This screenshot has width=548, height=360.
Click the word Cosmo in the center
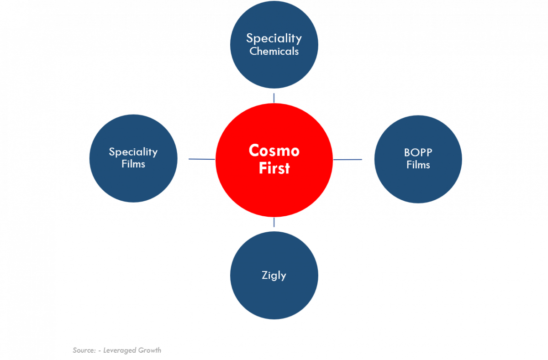(x=274, y=150)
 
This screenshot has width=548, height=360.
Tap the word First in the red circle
(x=274, y=168)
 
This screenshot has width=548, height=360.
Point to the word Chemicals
(x=274, y=51)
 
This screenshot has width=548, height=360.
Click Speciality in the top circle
(x=274, y=38)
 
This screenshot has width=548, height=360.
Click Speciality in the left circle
(x=133, y=151)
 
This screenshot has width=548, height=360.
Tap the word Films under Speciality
(x=133, y=164)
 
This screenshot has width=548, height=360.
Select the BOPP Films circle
(x=418, y=183)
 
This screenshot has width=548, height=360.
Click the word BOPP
(x=418, y=152)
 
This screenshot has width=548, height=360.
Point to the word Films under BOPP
(x=418, y=165)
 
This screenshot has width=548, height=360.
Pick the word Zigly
(x=274, y=275)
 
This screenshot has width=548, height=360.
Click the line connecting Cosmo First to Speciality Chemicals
(x=274, y=98)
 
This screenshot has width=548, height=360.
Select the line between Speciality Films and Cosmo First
(x=201, y=159)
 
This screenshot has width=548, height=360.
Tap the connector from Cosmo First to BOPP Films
(x=348, y=160)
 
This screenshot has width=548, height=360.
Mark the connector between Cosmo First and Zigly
(x=274, y=223)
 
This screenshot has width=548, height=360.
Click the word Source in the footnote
(x=84, y=350)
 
